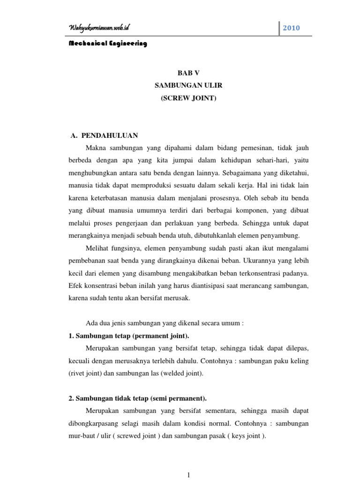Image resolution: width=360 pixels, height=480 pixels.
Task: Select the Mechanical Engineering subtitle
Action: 108,44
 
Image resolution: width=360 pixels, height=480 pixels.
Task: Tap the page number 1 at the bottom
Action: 188,474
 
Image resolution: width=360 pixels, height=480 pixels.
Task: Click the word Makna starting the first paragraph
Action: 97,148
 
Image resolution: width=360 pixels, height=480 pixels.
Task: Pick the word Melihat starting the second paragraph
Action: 99,247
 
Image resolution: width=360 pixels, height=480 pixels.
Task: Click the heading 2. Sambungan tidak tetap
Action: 136,398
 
